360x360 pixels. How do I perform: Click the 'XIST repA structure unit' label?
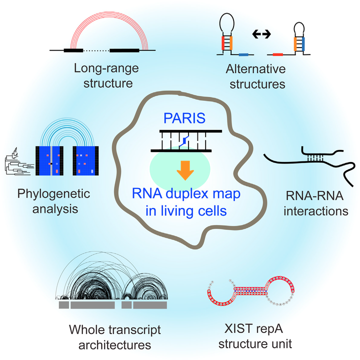click(255, 337)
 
